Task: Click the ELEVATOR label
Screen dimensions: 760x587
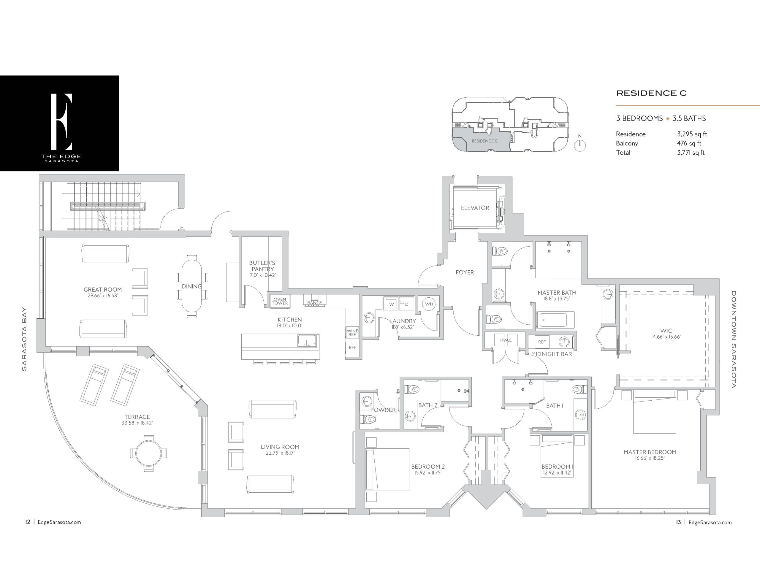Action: click(475, 208)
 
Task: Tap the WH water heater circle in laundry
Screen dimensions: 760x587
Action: click(429, 304)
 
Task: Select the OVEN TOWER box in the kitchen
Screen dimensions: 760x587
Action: click(280, 301)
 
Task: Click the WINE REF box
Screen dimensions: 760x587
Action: click(352, 333)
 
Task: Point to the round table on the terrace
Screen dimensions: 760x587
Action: click(149, 453)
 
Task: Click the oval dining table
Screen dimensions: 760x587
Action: click(192, 286)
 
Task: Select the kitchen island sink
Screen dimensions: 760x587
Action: click(307, 340)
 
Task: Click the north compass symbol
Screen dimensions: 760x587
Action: click(580, 145)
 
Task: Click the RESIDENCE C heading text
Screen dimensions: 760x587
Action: click(651, 93)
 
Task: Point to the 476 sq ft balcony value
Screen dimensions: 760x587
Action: click(689, 143)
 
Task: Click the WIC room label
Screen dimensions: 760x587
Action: click(666, 331)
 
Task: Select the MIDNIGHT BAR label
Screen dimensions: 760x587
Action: click(552, 354)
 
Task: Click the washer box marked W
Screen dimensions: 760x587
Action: click(392, 304)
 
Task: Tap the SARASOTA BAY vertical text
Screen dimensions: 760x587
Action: click(24, 339)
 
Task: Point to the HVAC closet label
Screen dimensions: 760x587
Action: click(506, 340)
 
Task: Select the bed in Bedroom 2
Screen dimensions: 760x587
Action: click(387, 469)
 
